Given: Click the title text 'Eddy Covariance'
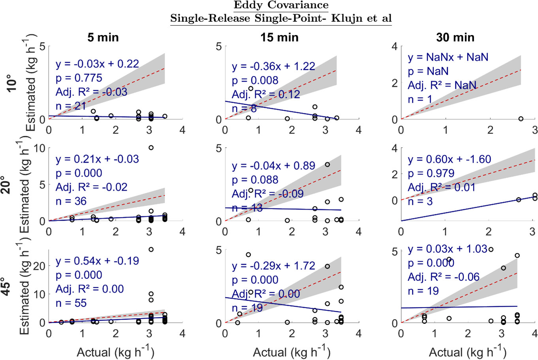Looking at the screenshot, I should (x=281, y=6).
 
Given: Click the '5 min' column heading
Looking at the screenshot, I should (x=103, y=37).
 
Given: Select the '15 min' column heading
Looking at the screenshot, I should (x=279, y=37).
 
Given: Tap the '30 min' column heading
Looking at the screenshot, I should (x=455, y=37).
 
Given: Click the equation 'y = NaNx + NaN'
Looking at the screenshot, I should (x=448, y=57).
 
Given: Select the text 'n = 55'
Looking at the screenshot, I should (x=71, y=303).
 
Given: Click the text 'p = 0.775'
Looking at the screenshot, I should (x=79, y=78).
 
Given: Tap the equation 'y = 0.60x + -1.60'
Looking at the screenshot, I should (x=449, y=159).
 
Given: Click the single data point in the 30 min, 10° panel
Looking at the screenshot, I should (x=521, y=119).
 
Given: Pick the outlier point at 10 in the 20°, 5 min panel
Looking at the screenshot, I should (x=151, y=148).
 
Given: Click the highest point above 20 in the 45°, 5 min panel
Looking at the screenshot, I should (x=151, y=249).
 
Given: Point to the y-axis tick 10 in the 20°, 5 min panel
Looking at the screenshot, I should (x=40, y=148).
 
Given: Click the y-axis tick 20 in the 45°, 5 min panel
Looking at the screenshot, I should (x=40, y=266).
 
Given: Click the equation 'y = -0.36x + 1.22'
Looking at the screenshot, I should (x=273, y=66).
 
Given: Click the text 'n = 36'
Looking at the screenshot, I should (x=71, y=201).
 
